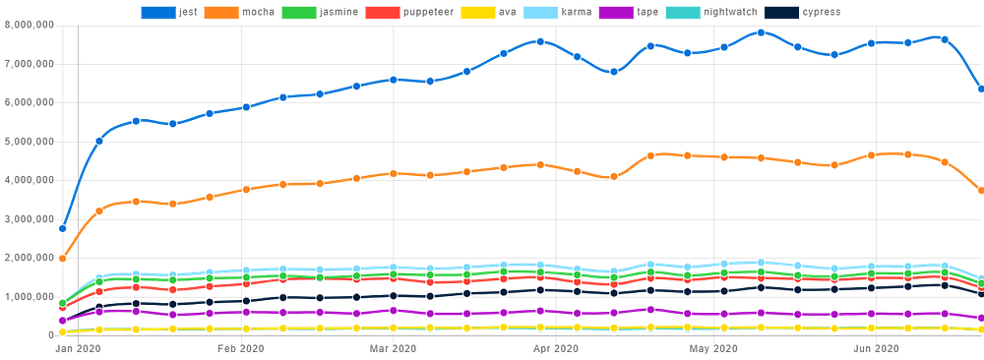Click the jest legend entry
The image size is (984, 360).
tap(169, 11)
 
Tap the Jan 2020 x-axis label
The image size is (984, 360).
tap(78, 348)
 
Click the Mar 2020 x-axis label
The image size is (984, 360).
tap(393, 348)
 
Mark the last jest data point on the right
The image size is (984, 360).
tap(981, 90)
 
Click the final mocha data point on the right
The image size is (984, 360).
tap(981, 191)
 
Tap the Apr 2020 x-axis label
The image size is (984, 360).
tap(557, 348)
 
